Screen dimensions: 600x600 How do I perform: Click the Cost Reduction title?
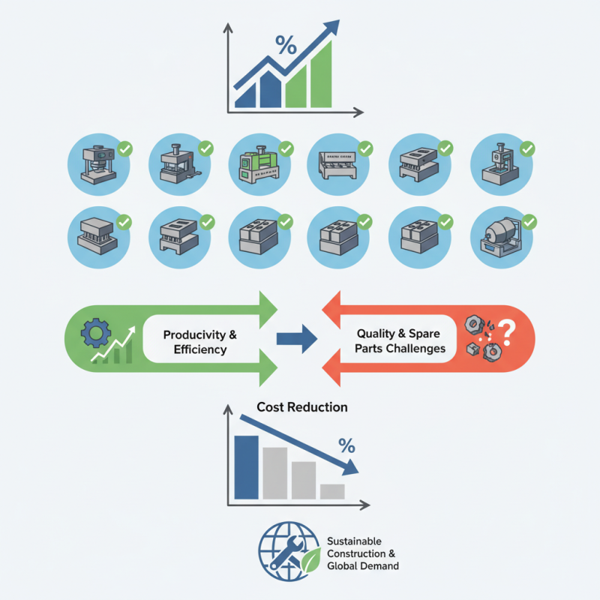[x=302, y=407]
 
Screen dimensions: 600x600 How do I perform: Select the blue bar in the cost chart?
[x=245, y=466]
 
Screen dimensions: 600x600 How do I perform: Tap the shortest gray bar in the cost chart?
[x=331, y=491]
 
